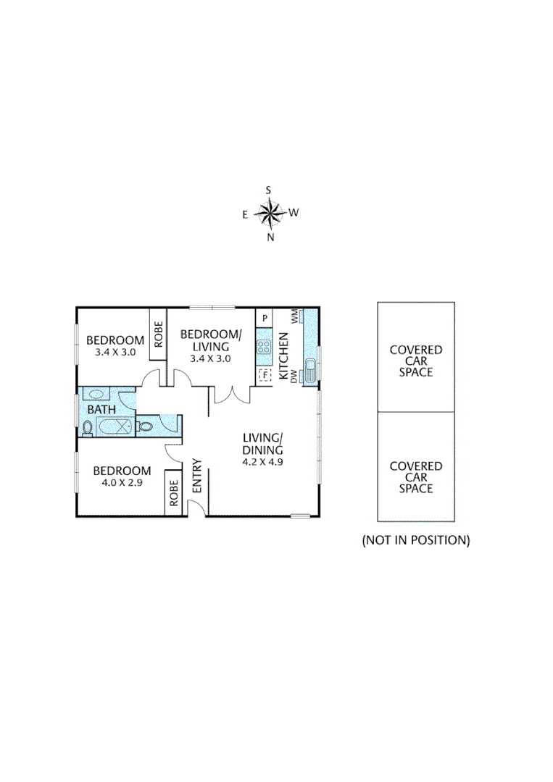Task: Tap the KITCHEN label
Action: coord(284,351)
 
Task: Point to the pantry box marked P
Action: coord(265,318)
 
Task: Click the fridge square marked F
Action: coord(265,375)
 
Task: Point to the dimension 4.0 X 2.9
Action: coord(122,482)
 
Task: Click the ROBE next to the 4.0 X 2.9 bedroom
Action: coord(173,493)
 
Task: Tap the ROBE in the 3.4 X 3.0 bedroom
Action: coord(158,334)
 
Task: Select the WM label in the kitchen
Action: coord(295,316)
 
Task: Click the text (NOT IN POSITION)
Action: coord(416,540)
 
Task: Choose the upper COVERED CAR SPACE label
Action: coord(416,361)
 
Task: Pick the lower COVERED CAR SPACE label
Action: coord(416,477)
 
